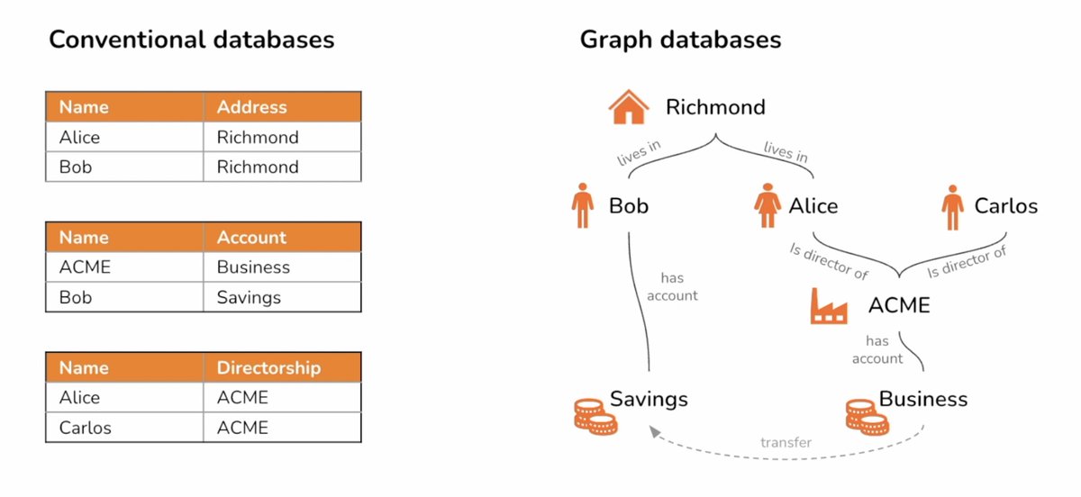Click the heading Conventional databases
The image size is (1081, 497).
(x=191, y=40)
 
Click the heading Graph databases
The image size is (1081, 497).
(x=680, y=40)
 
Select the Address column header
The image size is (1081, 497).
(x=251, y=107)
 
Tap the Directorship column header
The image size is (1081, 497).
(x=268, y=368)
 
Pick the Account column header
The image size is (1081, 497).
(x=251, y=238)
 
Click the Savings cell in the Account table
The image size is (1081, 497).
(x=249, y=297)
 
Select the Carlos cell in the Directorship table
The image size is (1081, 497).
(x=86, y=428)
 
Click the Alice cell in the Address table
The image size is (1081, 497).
(x=79, y=138)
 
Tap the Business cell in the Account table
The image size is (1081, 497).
(x=253, y=267)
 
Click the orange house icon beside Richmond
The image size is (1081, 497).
(x=629, y=107)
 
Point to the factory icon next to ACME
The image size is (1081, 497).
(x=829, y=306)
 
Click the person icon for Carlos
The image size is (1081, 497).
(x=951, y=207)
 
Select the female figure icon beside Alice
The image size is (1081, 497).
(x=767, y=207)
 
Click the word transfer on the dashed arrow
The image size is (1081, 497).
(x=786, y=442)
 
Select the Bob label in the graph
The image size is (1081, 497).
(x=629, y=206)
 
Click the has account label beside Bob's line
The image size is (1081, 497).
(x=673, y=287)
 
